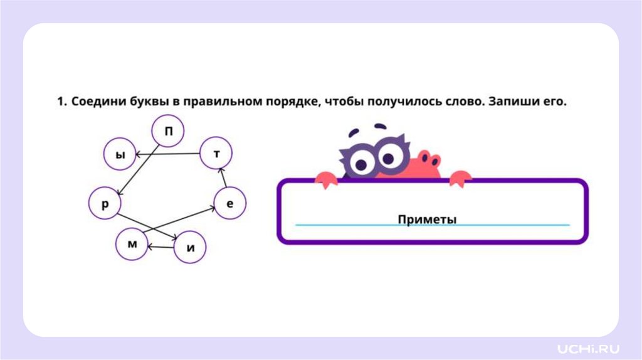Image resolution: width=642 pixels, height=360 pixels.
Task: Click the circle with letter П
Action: pos(168,131)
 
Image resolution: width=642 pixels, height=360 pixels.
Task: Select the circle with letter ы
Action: pos(119,154)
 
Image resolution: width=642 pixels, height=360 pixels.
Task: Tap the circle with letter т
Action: pos(216,154)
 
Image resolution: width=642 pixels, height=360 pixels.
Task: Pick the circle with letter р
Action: pos(105,203)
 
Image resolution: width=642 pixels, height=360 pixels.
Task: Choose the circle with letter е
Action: pos(229,203)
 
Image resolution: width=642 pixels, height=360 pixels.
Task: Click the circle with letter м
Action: pos(132,245)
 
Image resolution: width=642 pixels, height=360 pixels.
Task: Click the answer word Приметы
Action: pos(427,219)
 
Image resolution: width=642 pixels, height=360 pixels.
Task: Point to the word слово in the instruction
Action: pos(451,101)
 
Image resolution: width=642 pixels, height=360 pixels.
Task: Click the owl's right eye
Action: pos(389,156)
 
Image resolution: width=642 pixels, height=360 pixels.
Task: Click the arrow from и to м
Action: pos(161,246)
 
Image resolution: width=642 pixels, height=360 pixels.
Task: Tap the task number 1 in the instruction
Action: pos(61,101)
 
